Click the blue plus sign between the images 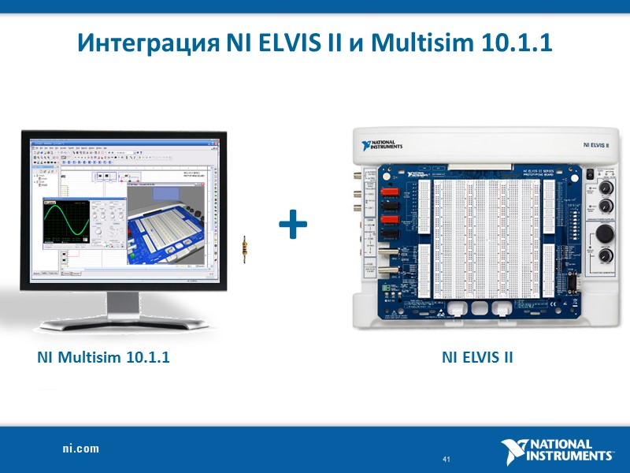point(294,226)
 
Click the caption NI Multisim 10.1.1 point(103,357)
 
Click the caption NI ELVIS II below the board point(477,357)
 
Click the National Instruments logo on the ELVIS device point(383,146)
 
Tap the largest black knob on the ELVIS point(606,234)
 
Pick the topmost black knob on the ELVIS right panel point(606,188)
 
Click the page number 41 point(447,459)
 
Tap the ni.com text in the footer point(81,448)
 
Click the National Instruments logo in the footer point(558,450)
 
